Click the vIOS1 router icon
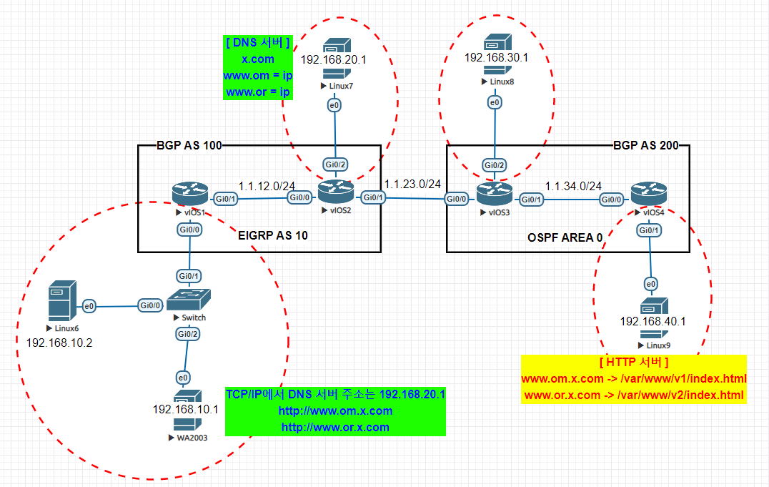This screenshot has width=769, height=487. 190,194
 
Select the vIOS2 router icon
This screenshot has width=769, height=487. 336,192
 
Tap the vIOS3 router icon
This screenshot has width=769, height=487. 495,194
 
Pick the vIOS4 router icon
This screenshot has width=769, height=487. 649,194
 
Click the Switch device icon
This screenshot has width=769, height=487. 189,300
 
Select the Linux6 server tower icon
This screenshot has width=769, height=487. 62,300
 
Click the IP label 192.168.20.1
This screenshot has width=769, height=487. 334,60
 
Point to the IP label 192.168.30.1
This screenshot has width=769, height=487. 496,57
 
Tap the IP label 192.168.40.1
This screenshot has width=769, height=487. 653,322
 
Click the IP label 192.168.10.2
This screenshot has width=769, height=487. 59,343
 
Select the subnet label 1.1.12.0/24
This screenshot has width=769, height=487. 267,186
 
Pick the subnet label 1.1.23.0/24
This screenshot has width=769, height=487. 412,184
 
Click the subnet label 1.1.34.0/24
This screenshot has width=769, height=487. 573,186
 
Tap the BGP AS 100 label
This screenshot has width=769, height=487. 189,145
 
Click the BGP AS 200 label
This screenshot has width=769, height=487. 646,145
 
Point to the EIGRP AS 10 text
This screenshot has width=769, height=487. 273,236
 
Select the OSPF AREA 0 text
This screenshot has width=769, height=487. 565,237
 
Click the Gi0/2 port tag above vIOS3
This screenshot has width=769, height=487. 495,165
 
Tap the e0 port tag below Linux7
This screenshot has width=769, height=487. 334,105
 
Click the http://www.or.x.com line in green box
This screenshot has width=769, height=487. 335,427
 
